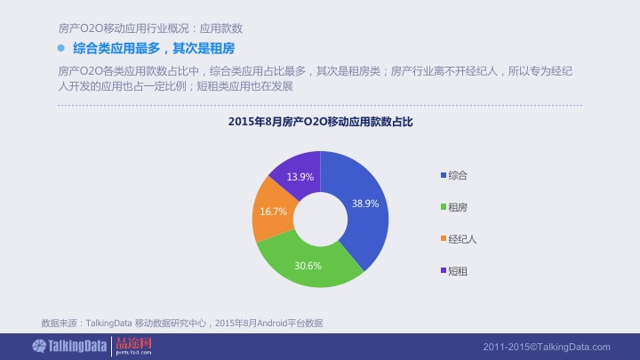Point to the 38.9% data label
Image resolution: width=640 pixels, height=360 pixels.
[x=365, y=204]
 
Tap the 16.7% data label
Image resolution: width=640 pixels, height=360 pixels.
[x=273, y=212]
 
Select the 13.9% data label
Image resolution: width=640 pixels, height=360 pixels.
[x=300, y=176]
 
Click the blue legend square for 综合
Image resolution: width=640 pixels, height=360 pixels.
[x=443, y=175]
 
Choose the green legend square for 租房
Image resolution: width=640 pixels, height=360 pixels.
[x=443, y=207]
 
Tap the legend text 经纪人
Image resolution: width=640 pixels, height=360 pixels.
[x=462, y=239]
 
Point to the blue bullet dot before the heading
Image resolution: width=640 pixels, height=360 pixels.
[x=61, y=47]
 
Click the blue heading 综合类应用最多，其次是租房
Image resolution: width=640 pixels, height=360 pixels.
[x=148, y=47]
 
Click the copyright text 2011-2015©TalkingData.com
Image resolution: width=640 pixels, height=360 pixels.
[x=547, y=347]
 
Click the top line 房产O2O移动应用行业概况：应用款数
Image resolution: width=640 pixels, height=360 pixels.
[x=149, y=28]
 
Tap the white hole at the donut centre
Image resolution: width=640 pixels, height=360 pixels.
[x=320, y=219]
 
